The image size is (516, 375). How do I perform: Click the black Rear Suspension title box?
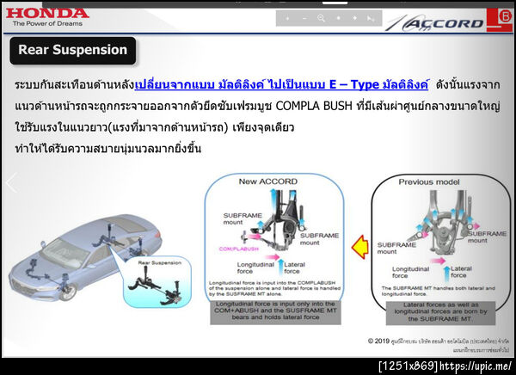pyautogui.click(x=72, y=50)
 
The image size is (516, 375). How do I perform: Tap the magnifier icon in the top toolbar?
pyautogui.click(x=321, y=18)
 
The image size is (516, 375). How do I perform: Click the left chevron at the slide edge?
pyautogui.click(x=11, y=184)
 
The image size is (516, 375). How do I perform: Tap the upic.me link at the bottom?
pyautogui.click(x=477, y=366)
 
